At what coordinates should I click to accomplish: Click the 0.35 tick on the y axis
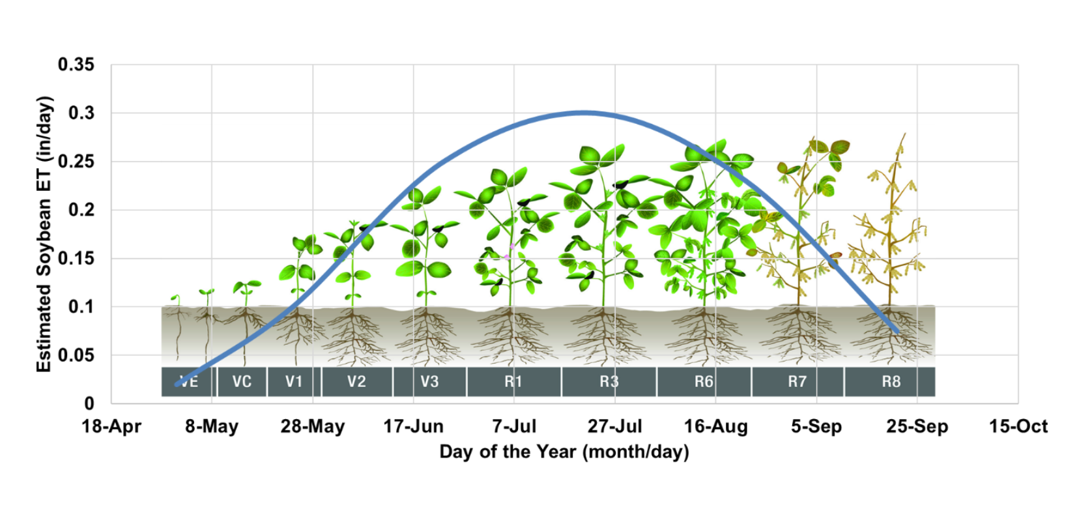[76, 65]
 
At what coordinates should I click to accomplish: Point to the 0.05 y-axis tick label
[76, 355]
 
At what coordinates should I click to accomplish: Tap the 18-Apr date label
[111, 426]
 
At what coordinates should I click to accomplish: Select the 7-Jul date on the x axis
[514, 426]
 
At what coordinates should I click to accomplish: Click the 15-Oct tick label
[1018, 426]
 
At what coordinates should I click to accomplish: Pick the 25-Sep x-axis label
[917, 426]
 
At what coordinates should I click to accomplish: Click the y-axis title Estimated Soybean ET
[44, 235]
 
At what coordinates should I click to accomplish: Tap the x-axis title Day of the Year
[564, 452]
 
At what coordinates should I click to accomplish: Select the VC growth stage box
[242, 381]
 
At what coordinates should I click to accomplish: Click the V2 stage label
[357, 381]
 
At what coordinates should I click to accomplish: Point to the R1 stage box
[513, 381]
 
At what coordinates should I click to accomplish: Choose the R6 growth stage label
[704, 381]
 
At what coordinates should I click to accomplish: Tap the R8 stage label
[891, 381]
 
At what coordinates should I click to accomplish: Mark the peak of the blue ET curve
[582, 113]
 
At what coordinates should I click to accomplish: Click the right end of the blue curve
[897, 332]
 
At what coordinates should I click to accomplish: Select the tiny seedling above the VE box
[177, 300]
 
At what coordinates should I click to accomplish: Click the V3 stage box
[429, 381]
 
